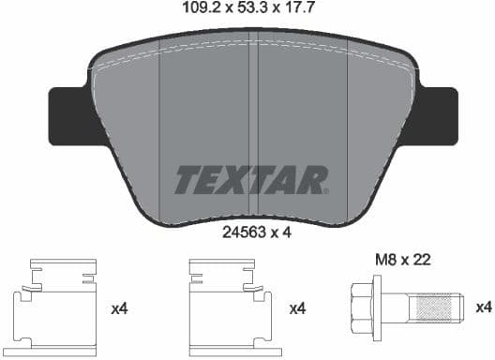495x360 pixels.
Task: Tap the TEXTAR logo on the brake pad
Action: click(x=251, y=178)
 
